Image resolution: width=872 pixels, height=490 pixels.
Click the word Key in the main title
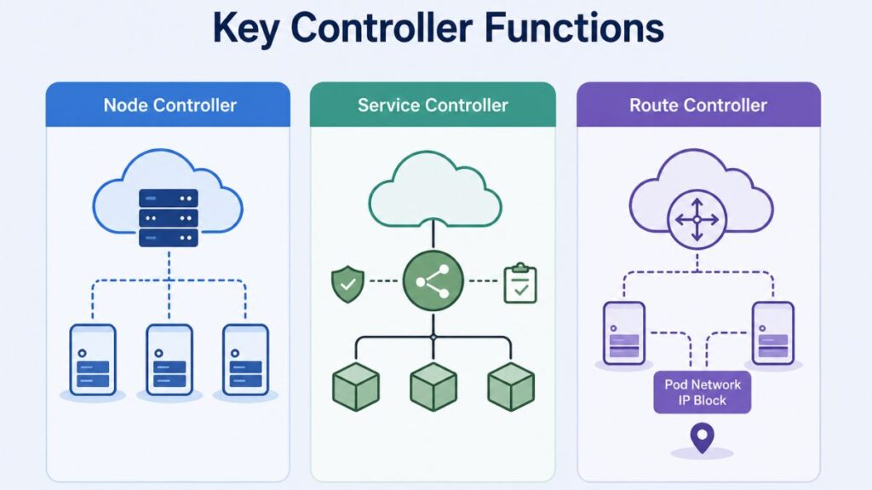coord(247,29)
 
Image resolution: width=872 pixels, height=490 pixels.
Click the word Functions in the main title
coord(575,29)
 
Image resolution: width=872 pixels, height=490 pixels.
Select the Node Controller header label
coord(169,106)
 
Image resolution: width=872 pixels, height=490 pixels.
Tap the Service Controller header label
coord(433,106)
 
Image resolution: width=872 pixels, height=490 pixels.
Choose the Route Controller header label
coord(698,106)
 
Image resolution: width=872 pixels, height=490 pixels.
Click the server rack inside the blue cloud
coord(168,219)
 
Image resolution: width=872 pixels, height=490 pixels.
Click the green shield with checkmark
coord(347,285)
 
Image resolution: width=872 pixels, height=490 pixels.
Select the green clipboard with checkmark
coord(520,284)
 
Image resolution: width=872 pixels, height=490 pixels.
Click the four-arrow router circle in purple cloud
coord(697,219)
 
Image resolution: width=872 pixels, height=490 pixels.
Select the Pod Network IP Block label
coord(703,393)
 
